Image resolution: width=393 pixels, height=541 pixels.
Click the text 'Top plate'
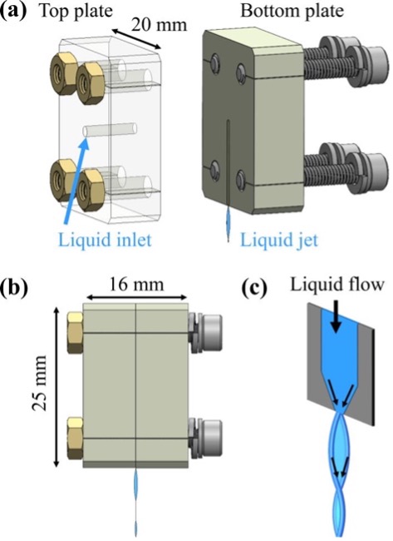coord(76,11)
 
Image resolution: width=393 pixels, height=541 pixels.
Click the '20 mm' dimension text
coord(159,25)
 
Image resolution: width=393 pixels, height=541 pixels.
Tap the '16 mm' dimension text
coord(136,285)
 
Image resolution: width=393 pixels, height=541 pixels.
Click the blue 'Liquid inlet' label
coord(105,239)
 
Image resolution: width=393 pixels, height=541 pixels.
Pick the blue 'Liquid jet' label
coord(279,239)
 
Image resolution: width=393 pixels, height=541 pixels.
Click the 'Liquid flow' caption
coord(337,285)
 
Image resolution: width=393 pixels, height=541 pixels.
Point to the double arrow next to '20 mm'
coord(136,38)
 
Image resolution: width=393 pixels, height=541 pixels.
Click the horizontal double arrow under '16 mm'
coord(136,297)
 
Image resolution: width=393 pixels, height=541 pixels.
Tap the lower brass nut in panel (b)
coord(75,438)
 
